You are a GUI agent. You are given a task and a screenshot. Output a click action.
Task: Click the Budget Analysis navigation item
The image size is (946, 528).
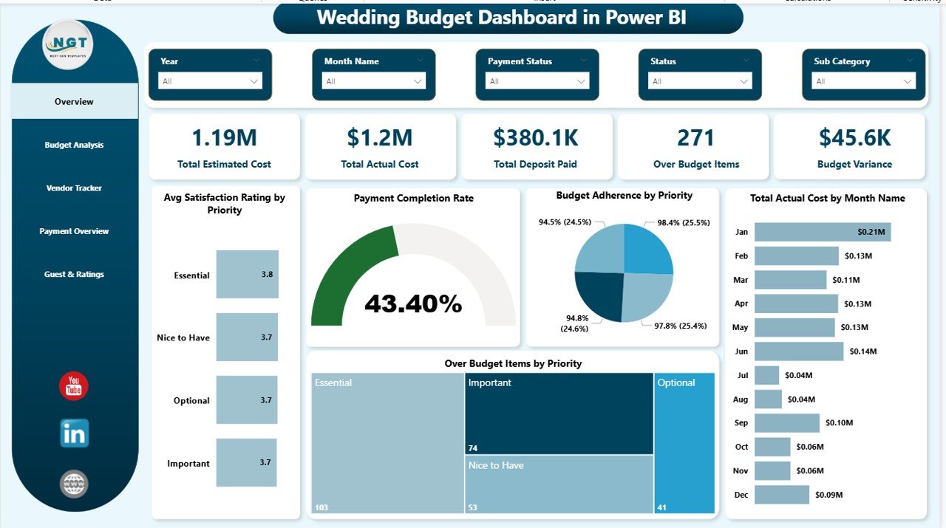click(74, 145)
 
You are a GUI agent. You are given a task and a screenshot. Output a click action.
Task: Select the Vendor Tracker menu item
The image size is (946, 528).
click(74, 188)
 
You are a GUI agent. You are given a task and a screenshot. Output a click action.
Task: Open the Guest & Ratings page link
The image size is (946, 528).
click(74, 275)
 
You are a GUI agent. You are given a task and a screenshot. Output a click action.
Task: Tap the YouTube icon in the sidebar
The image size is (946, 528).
click(74, 386)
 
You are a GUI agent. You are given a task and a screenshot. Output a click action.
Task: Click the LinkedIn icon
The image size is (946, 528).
click(74, 433)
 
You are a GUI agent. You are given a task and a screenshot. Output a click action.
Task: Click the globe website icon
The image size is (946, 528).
click(74, 484)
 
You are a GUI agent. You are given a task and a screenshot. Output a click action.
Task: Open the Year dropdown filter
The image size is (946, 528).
click(211, 81)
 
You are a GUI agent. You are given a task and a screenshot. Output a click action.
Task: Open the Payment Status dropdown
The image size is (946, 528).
click(537, 81)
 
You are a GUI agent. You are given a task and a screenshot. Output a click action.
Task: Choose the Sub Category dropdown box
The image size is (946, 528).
click(864, 81)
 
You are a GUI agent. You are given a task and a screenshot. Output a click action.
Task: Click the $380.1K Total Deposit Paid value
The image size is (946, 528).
click(537, 138)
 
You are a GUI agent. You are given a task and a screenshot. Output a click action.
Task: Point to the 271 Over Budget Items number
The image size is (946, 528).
click(695, 138)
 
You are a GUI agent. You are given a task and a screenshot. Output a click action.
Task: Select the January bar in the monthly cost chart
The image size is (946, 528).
click(822, 232)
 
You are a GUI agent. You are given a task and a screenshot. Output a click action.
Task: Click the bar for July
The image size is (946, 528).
click(766, 375)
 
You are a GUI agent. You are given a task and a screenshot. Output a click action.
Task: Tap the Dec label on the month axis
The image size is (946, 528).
click(741, 495)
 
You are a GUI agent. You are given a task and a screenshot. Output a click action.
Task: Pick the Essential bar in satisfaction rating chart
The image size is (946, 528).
click(247, 274)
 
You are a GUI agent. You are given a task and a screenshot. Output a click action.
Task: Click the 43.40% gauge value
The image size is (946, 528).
click(413, 304)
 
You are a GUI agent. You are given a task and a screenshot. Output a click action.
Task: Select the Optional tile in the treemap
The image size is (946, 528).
click(684, 443)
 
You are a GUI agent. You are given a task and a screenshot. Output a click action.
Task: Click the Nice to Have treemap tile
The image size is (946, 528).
click(559, 484)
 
